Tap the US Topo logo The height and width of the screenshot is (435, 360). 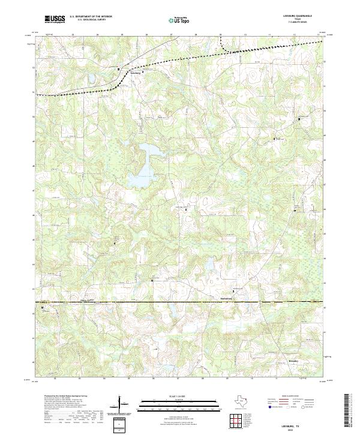[179, 20]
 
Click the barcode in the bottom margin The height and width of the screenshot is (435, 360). [350, 413]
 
